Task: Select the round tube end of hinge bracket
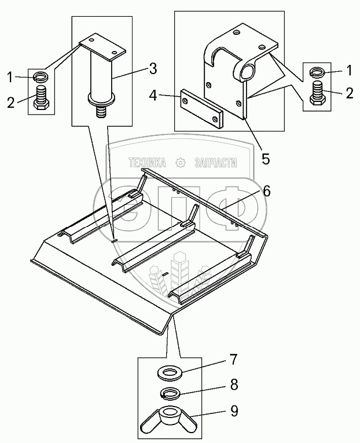(249, 71)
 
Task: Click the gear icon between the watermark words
(180, 163)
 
